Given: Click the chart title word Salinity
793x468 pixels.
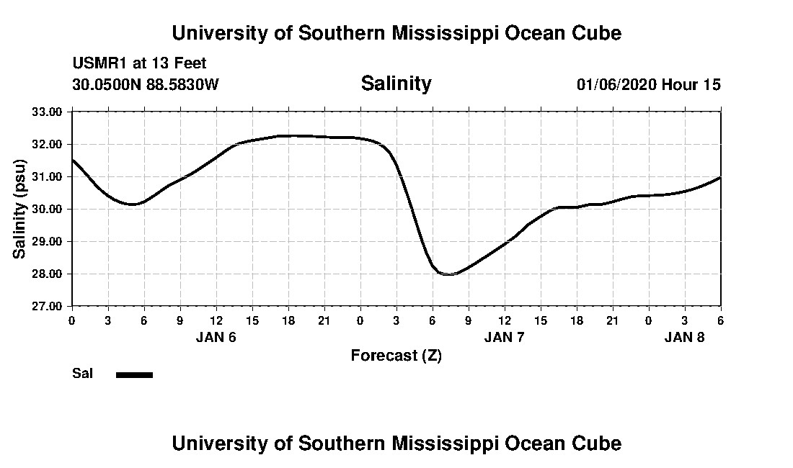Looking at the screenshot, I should pyautogui.click(x=396, y=84).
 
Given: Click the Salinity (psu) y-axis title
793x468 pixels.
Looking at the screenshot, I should pyautogui.click(x=19, y=209).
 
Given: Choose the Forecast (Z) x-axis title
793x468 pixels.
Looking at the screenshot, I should pyautogui.click(x=396, y=355).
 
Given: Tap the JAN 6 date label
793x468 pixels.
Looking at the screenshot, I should pyautogui.click(x=216, y=337).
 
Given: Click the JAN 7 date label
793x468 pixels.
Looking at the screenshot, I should pyautogui.click(x=505, y=337).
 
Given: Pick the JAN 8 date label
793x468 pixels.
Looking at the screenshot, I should pyautogui.click(x=684, y=337).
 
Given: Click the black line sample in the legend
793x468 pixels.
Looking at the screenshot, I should pyautogui.click(x=134, y=374).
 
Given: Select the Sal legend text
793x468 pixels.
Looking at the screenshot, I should pyautogui.click(x=81, y=374).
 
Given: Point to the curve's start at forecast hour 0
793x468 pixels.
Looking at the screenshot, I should pyautogui.click(x=73, y=160).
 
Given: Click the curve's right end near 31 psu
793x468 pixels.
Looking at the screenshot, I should pyautogui.click(x=720, y=177).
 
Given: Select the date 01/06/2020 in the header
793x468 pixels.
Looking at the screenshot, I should pyautogui.click(x=616, y=84).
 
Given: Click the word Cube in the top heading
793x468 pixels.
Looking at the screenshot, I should pyautogui.click(x=598, y=33).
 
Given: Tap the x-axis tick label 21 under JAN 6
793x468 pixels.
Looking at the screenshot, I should pyautogui.click(x=324, y=320).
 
